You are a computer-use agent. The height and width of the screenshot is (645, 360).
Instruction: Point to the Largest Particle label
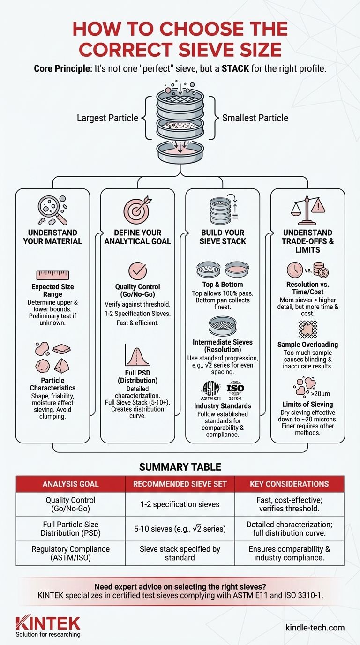pos(107,118)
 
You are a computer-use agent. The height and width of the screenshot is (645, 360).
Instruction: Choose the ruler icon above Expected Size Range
pos(52,275)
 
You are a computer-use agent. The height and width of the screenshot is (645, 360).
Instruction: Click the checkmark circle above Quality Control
pos(137,271)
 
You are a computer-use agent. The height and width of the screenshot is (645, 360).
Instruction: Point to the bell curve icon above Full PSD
pos(137,356)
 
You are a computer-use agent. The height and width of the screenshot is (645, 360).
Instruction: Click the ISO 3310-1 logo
pos(235,389)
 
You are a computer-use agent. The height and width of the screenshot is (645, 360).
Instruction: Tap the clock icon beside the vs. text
pos(296,271)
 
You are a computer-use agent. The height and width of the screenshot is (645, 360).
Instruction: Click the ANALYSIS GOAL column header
pos(71,484)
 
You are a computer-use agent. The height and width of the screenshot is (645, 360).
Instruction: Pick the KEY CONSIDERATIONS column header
pos(289,484)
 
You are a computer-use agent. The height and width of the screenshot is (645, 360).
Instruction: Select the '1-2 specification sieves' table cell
pos(180,504)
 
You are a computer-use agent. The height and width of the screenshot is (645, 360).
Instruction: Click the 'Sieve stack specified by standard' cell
pos(180,553)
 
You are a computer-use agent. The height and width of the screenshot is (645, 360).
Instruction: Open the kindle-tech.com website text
pos(315,628)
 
